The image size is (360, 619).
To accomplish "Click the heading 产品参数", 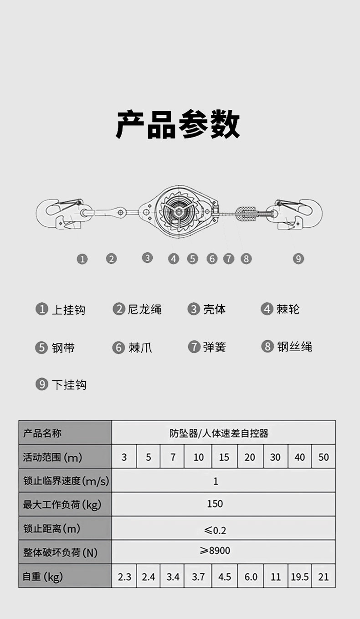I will pos(178,124).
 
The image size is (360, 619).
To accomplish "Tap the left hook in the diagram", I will pos(59,213).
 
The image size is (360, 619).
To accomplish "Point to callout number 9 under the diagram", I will pos(298,259).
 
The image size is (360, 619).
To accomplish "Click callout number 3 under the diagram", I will pos(147,258).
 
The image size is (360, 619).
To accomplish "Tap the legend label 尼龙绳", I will pos(144,310).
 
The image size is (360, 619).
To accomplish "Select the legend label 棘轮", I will pos(288,309).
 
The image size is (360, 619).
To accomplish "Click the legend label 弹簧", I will pos(214,347).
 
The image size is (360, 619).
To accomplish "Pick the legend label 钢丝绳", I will pos(294,347).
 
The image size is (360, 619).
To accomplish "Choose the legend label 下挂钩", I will pos(68,385).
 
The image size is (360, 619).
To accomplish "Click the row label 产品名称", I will pos(42,433).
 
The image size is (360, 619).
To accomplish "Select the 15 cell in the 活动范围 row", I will pos(224,457).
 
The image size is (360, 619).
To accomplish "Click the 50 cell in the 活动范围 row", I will pos(324,457).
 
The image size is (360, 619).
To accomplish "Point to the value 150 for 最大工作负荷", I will pos(215,504).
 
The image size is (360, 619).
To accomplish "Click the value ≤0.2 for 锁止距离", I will pos(215,530).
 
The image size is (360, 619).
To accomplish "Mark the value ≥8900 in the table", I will pos(215,551).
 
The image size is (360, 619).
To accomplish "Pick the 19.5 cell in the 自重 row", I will pos(300,577).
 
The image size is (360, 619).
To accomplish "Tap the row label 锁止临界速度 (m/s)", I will pos(66,481).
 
